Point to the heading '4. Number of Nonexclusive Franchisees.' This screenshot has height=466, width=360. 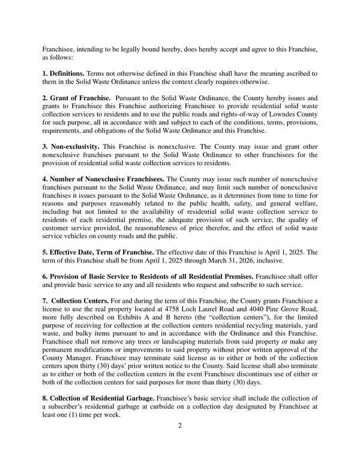point(103,179)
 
